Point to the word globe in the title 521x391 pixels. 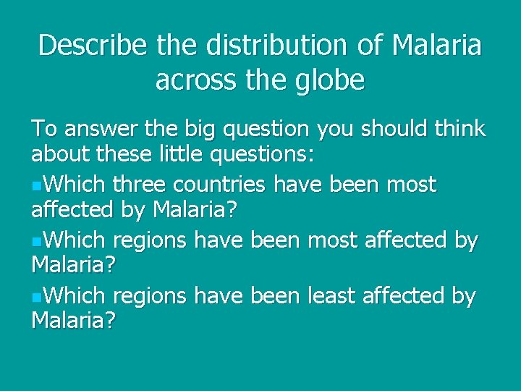[x=330, y=80]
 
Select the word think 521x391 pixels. [x=457, y=130]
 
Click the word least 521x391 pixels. [x=336, y=296]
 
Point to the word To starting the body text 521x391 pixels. [x=42, y=130]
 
